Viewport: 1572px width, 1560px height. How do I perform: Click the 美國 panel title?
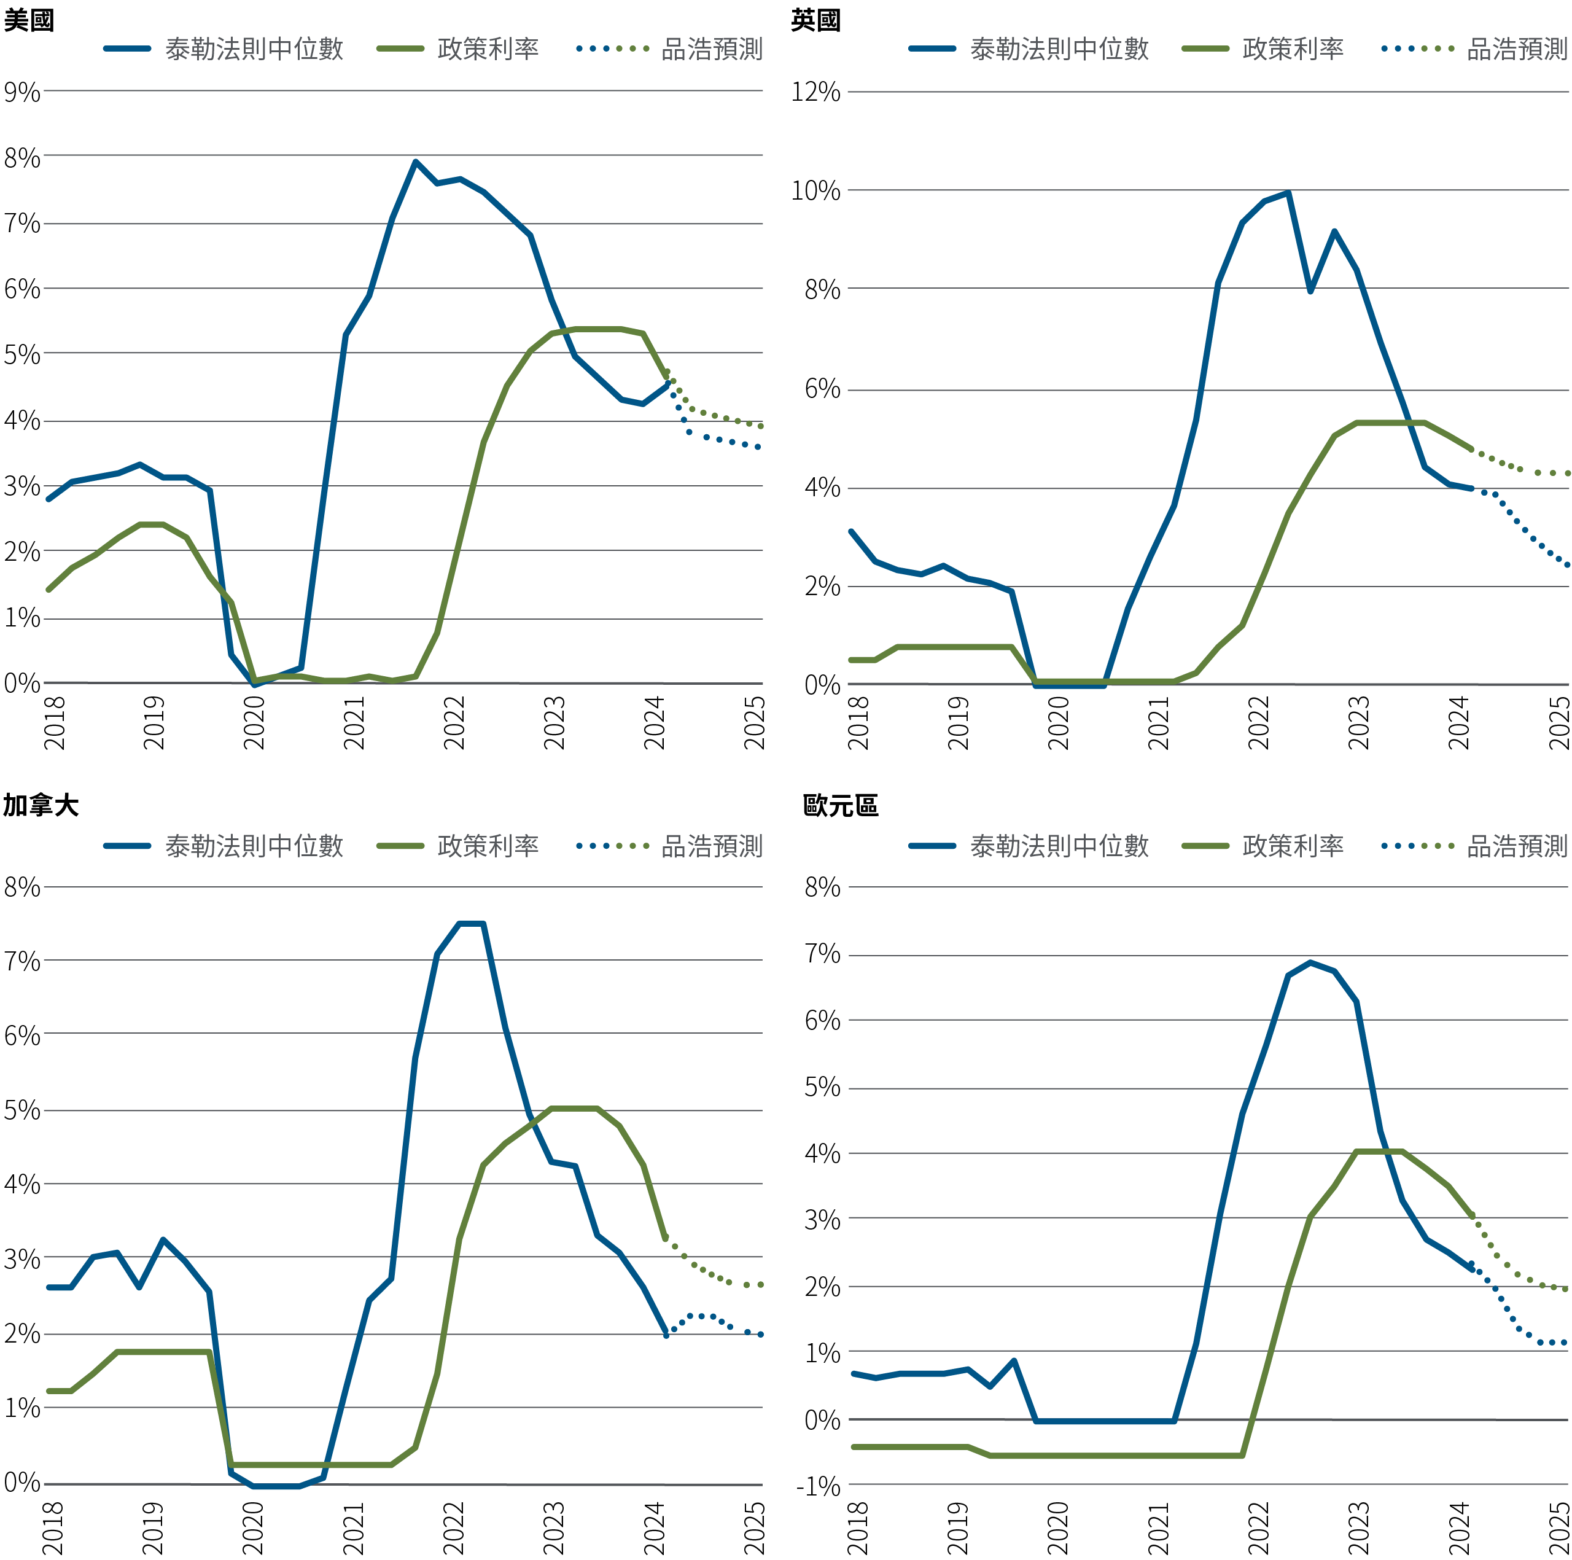(x=28, y=20)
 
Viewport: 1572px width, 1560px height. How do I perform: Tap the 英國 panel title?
(x=815, y=20)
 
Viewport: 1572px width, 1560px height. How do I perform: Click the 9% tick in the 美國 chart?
(x=22, y=92)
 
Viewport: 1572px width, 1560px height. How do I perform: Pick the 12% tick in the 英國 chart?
(x=815, y=92)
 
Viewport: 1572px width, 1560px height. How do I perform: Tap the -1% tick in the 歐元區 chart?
(x=818, y=1487)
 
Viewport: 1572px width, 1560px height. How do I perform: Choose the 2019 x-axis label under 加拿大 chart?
(x=153, y=1527)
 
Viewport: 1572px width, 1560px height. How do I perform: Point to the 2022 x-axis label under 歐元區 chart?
(x=1258, y=1527)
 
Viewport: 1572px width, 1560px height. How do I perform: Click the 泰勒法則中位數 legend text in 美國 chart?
(x=254, y=49)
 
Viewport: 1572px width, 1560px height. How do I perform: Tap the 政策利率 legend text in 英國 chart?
(x=1293, y=49)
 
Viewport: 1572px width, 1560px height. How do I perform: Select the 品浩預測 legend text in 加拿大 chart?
(x=712, y=846)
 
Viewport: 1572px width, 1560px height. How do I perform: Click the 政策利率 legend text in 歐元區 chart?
(x=1293, y=846)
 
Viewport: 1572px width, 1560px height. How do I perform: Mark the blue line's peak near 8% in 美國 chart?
(x=415, y=162)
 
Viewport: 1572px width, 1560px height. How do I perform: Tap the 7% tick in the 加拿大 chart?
(x=22, y=962)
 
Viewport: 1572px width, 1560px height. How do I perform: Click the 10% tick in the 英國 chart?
(x=815, y=191)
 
